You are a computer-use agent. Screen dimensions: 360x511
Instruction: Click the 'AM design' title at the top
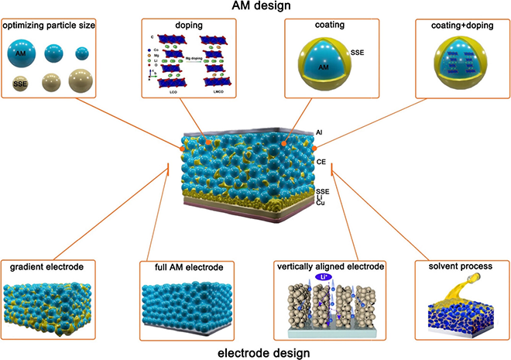(x=255, y=8)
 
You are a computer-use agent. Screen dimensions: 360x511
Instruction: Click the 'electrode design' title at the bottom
(x=255, y=351)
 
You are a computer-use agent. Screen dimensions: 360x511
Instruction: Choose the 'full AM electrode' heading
(x=183, y=266)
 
